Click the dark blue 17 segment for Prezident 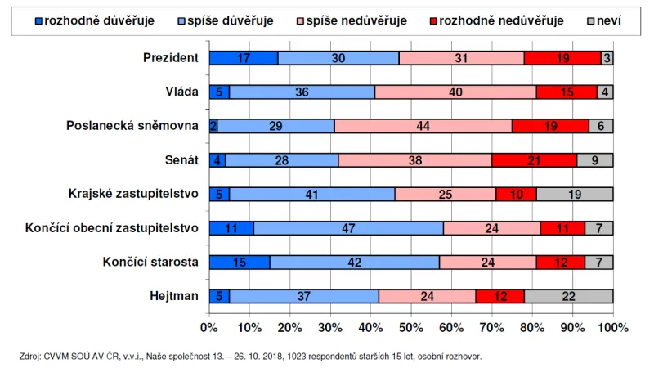click(243, 58)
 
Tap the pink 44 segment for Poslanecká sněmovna click(423, 126)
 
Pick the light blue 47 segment click(349, 228)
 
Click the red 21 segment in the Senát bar click(534, 160)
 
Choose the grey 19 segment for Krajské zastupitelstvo click(575, 194)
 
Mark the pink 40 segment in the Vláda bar click(455, 92)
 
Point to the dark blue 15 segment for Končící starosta click(239, 263)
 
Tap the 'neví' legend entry click(608, 20)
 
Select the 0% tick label click(209, 327)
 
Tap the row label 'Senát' click(181, 160)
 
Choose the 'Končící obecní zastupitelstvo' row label click(112, 228)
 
